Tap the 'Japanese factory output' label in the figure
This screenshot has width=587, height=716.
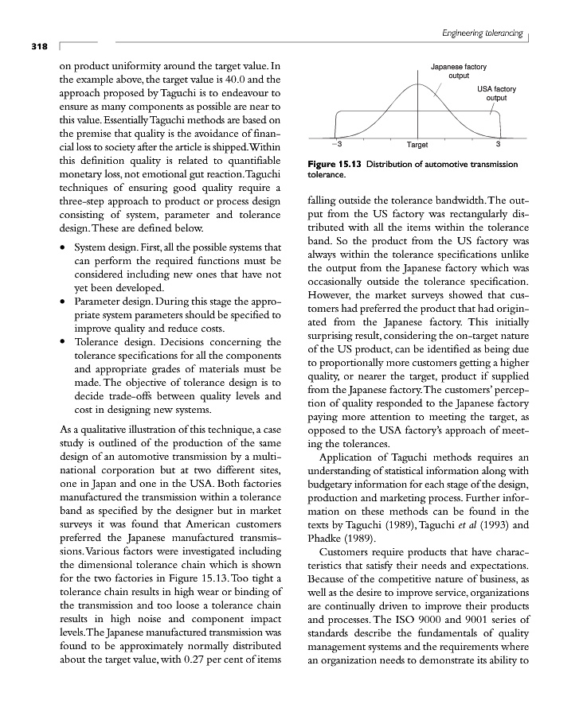tap(458, 72)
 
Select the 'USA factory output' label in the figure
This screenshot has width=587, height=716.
tap(497, 92)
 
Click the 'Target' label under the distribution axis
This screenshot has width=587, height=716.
tap(417, 145)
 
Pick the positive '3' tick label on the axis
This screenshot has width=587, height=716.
tap(498, 144)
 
